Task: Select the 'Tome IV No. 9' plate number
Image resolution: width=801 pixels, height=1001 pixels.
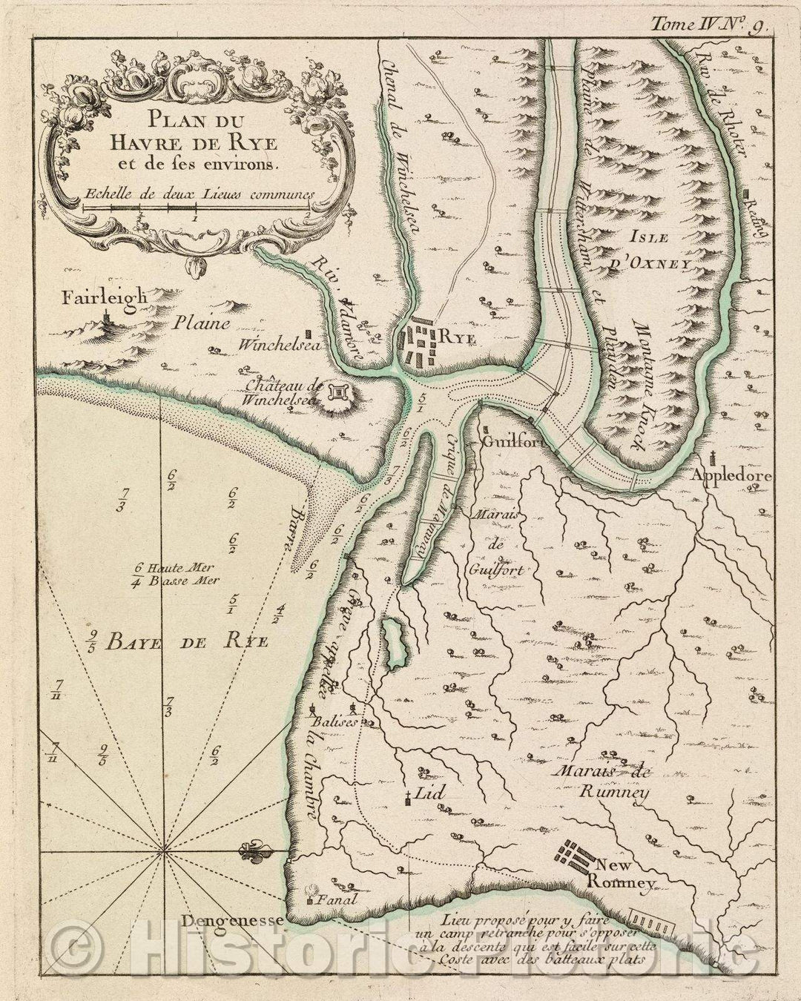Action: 710,23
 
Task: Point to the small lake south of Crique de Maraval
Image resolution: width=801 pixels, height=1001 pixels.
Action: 393,642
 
